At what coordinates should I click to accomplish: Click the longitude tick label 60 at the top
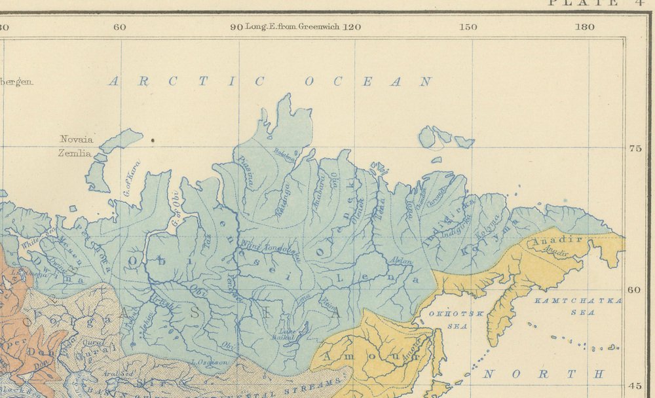coord(119,27)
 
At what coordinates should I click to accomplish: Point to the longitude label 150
coord(468,27)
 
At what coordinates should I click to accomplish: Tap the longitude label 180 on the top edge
coord(584,27)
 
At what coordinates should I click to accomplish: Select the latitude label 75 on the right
coord(633,149)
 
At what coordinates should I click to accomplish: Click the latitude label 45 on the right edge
coord(633,386)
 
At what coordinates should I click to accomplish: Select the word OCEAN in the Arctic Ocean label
coord(368,82)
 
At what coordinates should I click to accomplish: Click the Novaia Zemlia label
coord(77,147)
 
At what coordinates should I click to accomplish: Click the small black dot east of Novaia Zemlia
coord(153,139)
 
